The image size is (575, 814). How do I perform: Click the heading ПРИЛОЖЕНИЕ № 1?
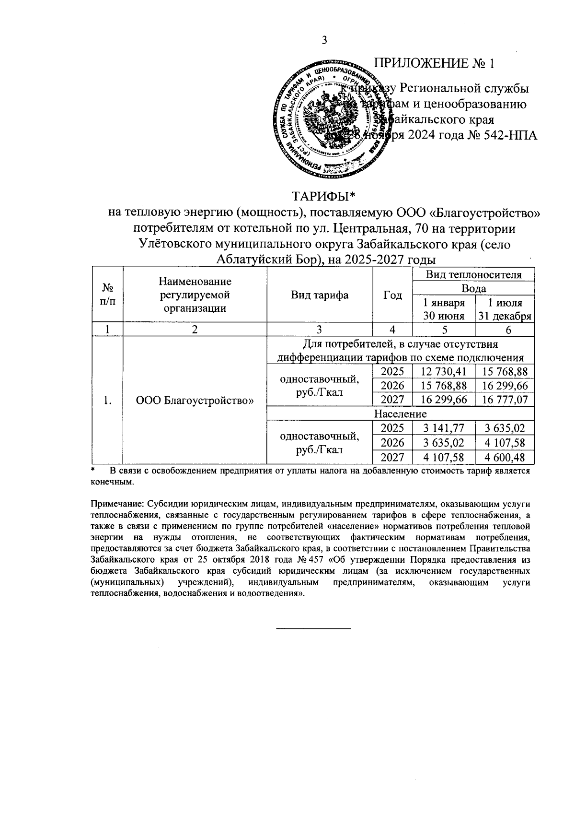point(434,64)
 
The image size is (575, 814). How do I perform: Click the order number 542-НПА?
point(509,135)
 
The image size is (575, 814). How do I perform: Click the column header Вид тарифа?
point(320,295)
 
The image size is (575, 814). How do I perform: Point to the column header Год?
point(392,295)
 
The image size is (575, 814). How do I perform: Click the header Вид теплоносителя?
point(473,274)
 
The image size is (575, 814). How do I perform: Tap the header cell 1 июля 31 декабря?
point(505,309)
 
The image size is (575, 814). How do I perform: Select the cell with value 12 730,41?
point(443,371)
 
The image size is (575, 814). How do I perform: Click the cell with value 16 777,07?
point(505,399)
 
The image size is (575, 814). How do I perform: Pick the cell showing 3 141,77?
point(443,428)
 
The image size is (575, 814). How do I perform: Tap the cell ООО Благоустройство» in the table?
point(195,400)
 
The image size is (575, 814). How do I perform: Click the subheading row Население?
point(400,413)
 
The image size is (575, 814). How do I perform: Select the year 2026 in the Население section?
point(392,442)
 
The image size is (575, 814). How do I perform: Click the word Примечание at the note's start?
point(116,505)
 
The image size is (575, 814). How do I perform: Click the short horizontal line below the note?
point(313,628)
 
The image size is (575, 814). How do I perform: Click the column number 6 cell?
point(505,329)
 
